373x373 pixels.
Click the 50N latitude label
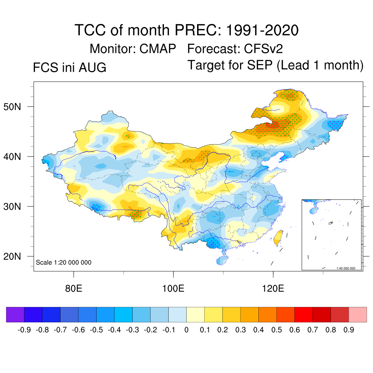click(x=12, y=107)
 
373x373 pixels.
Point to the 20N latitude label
click(x=12, y=256)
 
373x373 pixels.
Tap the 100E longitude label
click(x=173, y=288)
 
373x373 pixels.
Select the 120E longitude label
click(x=273, y=288)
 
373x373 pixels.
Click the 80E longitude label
click(x=74, y=288)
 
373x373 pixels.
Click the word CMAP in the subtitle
click(x=157, y=49)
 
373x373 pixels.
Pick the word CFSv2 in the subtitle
click(x=263, y=49)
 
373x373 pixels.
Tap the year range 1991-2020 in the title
click(x=262, y=30)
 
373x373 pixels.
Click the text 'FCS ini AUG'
click(x=70, y=67)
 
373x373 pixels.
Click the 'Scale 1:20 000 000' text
click(x=63, y=262)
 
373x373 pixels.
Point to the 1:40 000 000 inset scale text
click(x=346, y=268)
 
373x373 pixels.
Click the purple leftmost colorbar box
click(x=15, y=314)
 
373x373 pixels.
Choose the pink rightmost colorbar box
click(x=358, y=314)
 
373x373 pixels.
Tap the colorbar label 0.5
click(x=276, y=330)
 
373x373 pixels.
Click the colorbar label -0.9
click(x=24, y=330)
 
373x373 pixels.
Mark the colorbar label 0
click(x=186, y=330)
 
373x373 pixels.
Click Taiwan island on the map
click(x=278, y=238)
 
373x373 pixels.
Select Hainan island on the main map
click(x=222, y=260)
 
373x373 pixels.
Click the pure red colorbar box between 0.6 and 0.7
click(x=303, y=314)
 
